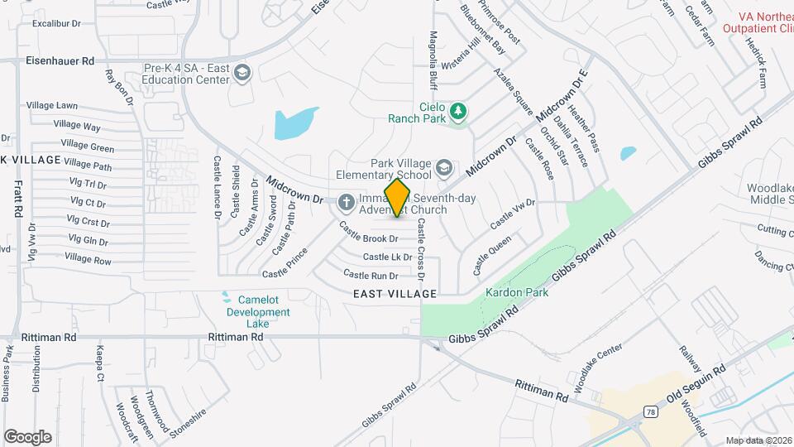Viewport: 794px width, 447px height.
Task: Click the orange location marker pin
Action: (x=398, y=198)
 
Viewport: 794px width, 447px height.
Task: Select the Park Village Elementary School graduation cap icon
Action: (x=443, y=169)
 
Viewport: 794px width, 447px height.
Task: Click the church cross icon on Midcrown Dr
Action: (x=346, y=199)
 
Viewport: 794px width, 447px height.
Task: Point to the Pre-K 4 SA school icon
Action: (x=242, y=74)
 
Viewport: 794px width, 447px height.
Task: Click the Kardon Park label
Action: (x=517, y=293)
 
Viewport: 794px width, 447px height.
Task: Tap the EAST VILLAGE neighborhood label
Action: (x=395, y=294)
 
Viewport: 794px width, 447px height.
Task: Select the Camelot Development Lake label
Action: (x=258, y=312)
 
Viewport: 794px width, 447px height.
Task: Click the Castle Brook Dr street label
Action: (x=369, y=238)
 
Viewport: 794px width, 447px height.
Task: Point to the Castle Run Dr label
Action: (x=371, y=275)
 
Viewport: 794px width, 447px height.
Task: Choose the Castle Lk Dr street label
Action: (x=387, y=257)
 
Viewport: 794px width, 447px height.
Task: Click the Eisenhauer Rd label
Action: (x=60, y=60)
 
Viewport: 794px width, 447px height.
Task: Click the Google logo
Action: (x=27, y=436)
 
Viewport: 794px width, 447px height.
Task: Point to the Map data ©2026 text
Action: (x=758, y=440)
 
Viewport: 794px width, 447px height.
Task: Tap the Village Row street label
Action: (x=88, y=259)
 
